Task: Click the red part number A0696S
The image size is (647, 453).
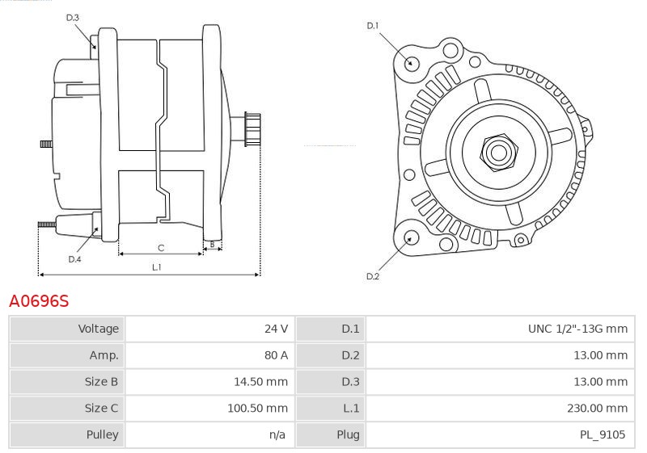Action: coord(39,301)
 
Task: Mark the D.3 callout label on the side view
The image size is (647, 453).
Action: coord(73,17)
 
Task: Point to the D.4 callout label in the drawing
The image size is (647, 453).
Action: coord(74,259)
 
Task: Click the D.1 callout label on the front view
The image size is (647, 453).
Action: coord(373,26)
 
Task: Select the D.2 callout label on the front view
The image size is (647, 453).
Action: coord(373,277)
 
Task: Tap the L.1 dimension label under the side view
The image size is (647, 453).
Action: coord(157,266)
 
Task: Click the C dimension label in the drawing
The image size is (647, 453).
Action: coord(161,247)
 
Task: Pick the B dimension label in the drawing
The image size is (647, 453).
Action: coord(212,243)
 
